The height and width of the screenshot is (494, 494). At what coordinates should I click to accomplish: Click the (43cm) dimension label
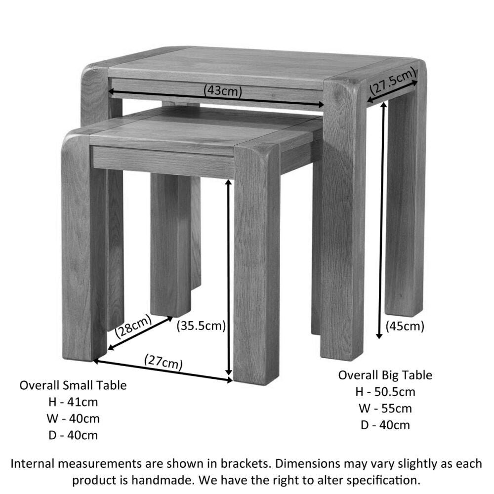pos(222,90)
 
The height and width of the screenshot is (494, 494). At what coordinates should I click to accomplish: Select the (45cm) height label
pos(405,326)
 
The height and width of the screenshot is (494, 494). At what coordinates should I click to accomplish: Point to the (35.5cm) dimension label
pos(201,326)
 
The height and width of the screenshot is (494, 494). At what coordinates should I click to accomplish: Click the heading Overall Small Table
pos(73,385)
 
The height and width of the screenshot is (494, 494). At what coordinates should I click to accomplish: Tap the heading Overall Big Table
pos(385,375)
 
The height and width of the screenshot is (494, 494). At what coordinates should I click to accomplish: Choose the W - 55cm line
pos(385,409)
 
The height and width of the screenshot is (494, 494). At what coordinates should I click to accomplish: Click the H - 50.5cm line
pos(385,392)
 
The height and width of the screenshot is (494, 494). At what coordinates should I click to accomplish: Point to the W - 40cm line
pos(73,418)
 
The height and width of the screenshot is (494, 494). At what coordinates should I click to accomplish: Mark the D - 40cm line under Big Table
pos(385,425)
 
